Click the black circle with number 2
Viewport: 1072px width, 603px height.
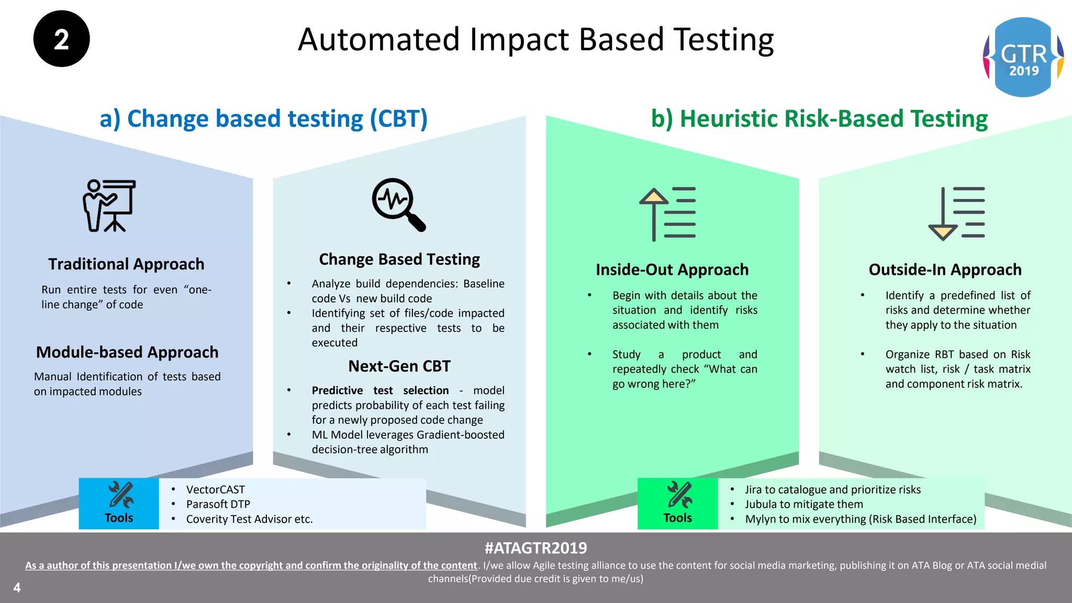pyautogui.click(x=61, y=39)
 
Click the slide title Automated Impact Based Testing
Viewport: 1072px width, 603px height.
pyautogui.click(x=535, y=40)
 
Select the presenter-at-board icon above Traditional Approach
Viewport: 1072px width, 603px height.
pyautogui.click(x=109, y=205)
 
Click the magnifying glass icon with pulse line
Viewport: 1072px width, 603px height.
pyautogui.click(x=398, y=205)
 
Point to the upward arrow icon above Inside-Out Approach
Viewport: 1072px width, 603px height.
pyautogui.click(x=667, y=214)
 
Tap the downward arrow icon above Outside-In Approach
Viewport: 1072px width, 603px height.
pyautogui.click(x=956, y=214)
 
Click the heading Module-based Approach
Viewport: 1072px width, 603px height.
pyautogui.click(x=127, y=352)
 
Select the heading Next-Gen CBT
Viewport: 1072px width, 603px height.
pyautogui.click(x=399, y=366)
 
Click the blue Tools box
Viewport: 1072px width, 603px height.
pyautogui.click(x=119, y=503)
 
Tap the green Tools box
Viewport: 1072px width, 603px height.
pyautogui.click(x=677, y=503)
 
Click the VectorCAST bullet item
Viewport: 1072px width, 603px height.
pyautogui.click(x=215, y=489)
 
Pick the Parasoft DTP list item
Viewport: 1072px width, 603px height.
pyautogui.click(x=218, y=504)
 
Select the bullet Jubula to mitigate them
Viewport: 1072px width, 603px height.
pyautogui.click(x=803, y=504)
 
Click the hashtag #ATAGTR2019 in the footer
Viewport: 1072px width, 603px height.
pyautogui.click(x=535, y=548)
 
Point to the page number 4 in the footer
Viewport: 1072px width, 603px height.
pyautogui.click(x=17, y=587)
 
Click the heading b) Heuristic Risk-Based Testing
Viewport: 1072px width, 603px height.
pyautogui.click(x=819, y=119)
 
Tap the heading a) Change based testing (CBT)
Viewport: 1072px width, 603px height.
pyautogui.click(x=264, y=119)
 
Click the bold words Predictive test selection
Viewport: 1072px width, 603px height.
pyautogui.click(x=380, y=390)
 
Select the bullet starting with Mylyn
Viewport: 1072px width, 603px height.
pyautogui.click(x=860, y=519)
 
